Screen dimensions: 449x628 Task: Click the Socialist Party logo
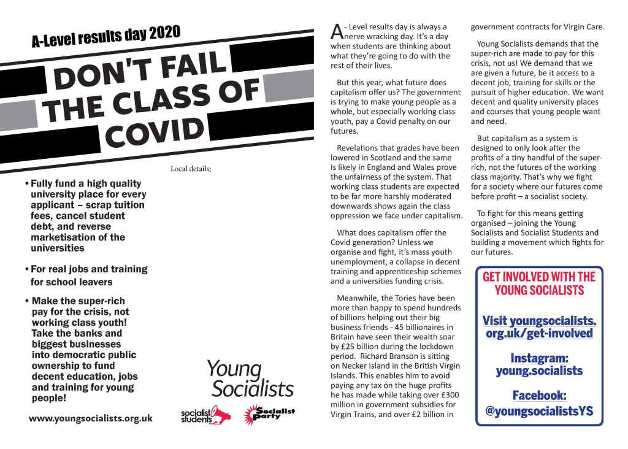[269, 414]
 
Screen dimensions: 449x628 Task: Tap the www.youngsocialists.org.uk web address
[91, 419]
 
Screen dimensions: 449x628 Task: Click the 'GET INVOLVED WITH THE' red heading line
[539, 277]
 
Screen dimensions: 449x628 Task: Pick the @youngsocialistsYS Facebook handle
[539, 411]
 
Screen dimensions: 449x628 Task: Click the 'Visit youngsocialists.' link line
[539, 320]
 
